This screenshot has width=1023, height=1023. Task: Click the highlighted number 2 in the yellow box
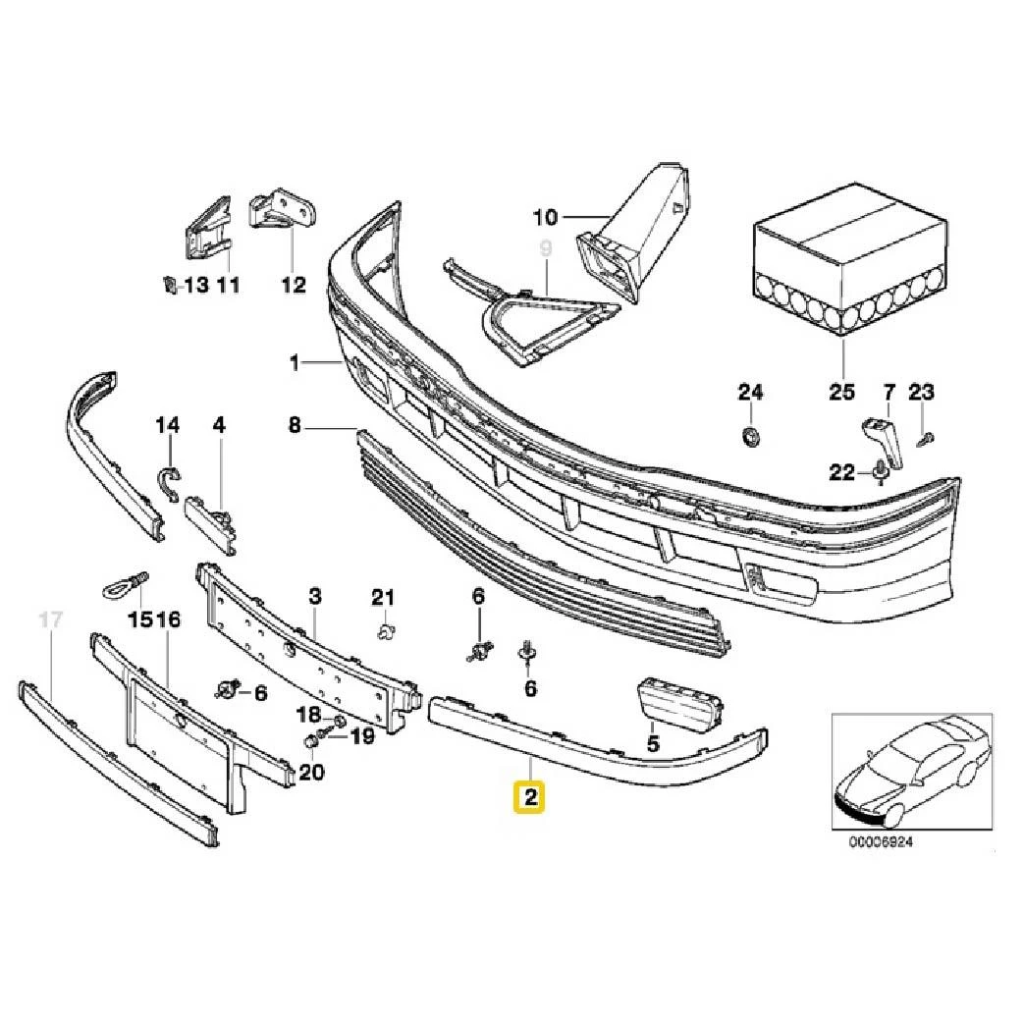531,797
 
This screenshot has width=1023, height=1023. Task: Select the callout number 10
545,216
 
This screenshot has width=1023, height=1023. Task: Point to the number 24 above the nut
750,393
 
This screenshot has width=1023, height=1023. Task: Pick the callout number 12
294,285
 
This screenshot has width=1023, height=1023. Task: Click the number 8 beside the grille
294,426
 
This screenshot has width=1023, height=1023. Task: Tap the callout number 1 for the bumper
294,364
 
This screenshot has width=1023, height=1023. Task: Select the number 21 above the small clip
382,597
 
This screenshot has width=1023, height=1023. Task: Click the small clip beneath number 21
386,628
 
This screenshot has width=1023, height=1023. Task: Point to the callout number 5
653,745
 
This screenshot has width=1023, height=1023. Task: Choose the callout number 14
168,425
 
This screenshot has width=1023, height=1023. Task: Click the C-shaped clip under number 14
170,481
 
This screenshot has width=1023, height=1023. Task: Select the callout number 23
921,393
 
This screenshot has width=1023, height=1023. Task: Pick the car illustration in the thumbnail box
908,771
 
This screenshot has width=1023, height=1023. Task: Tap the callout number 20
311,772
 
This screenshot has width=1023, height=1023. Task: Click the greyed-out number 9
546,249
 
